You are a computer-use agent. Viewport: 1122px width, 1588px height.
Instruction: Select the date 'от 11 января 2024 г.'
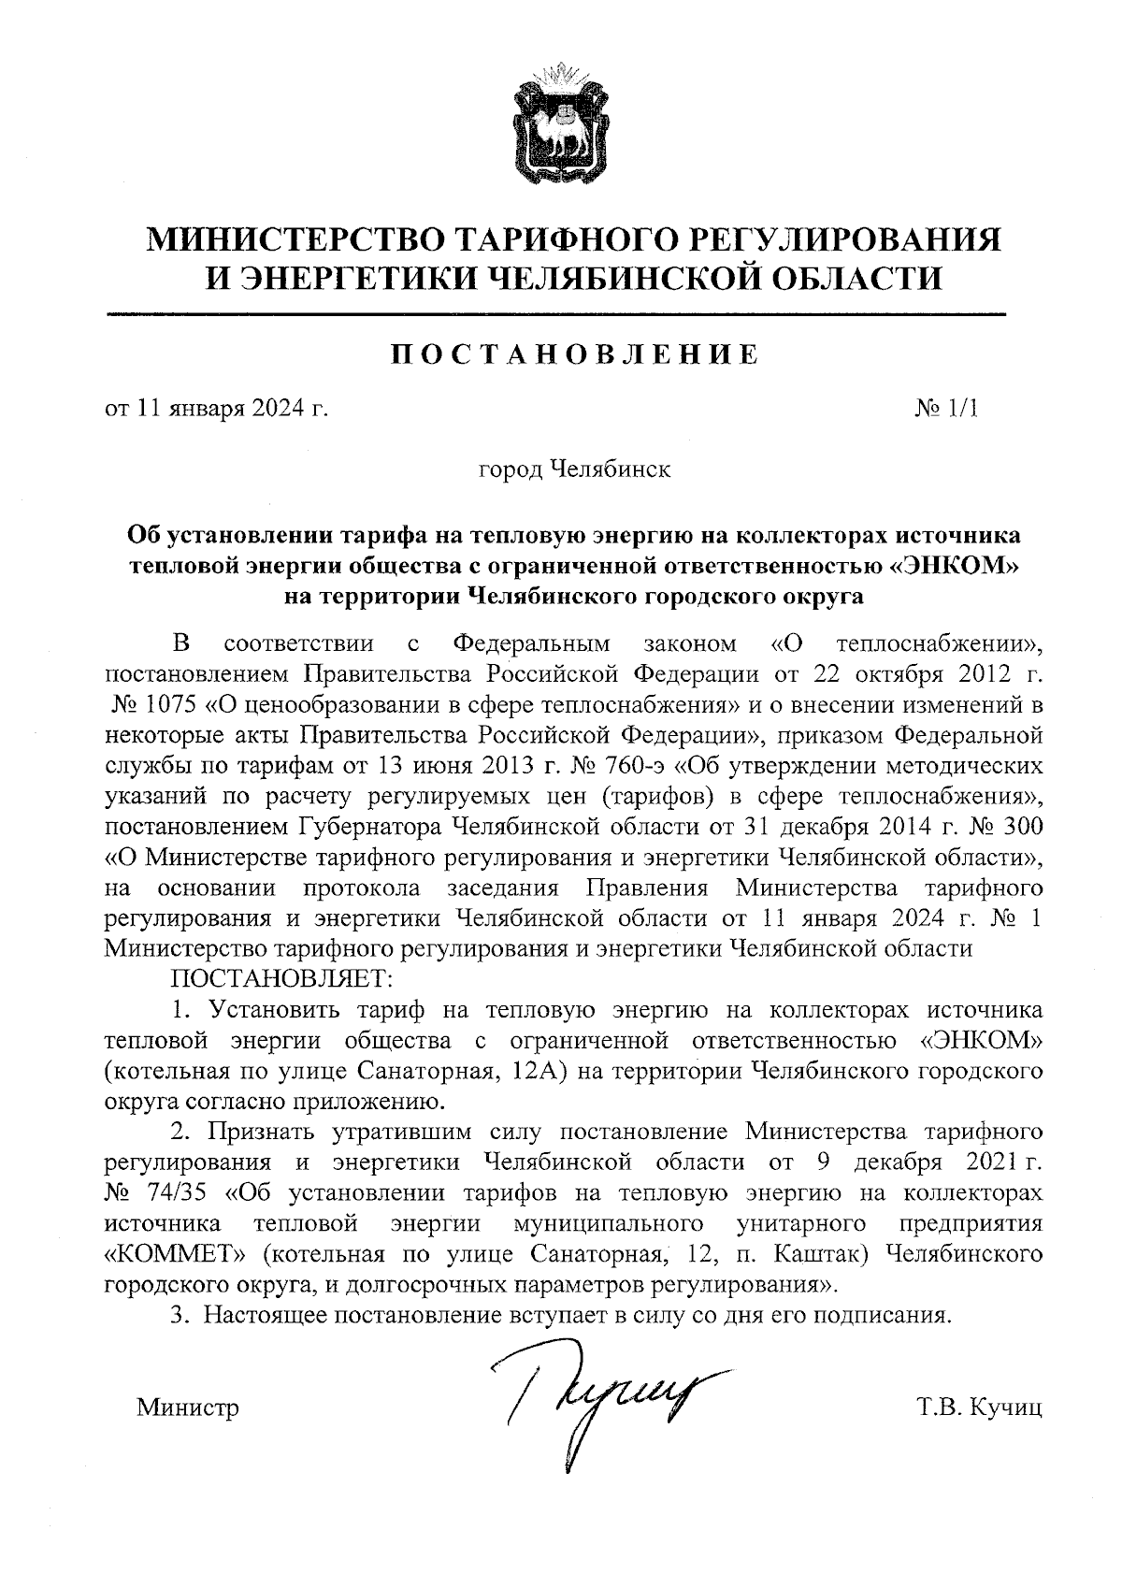coord(216,409)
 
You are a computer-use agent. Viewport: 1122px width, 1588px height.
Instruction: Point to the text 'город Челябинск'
coord(574,469)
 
